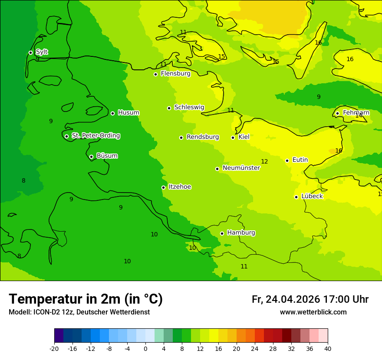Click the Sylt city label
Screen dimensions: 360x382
click(42, 52)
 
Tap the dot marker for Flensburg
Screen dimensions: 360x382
click(155, 74)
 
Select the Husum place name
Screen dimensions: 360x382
click(128, 113)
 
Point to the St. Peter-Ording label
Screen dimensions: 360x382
click(96, 136)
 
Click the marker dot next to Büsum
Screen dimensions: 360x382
click(91, 157)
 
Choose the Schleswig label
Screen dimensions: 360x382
click(189, 107)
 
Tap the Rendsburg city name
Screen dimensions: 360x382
click(203, 137)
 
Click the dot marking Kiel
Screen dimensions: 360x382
click(233, 137)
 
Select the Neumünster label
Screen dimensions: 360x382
click(241, 168)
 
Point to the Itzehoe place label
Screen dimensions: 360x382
click(180, 187)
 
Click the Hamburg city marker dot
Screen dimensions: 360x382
click(222, 233)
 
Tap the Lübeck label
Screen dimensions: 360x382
click(312, 196)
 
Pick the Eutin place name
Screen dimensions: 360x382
click(300, 160)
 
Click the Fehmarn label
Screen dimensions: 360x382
click(356, 113)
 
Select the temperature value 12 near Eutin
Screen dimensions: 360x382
click(264, 162)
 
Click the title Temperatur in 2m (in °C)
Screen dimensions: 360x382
click(86, 299)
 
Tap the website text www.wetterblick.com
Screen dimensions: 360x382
click(313, 312)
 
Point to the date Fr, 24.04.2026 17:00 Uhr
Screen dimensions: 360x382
click(310, 299)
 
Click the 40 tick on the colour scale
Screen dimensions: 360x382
click(328, 348)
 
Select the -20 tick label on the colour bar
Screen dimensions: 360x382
click(54, 348)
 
